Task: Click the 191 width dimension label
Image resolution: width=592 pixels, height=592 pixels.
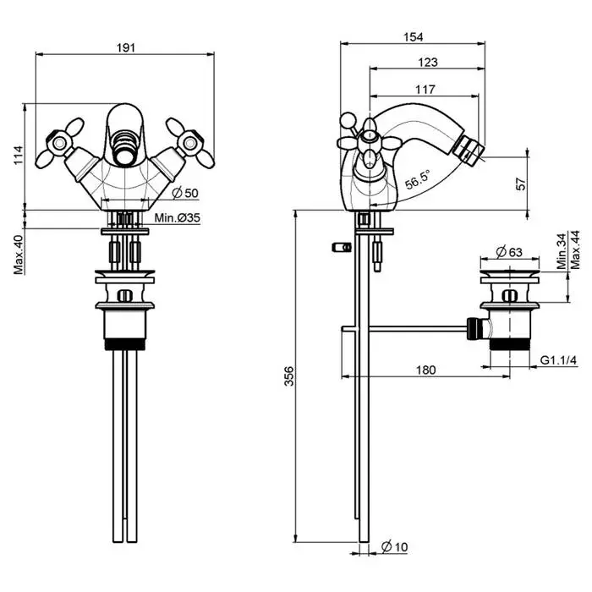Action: click(124, 48)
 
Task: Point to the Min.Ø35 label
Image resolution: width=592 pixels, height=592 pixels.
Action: click(177, 218)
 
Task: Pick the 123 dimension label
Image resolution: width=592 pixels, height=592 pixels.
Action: click(428, 62)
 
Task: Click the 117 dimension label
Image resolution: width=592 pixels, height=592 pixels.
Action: click(425, 89)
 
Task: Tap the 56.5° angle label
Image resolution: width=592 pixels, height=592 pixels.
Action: click(415, 180)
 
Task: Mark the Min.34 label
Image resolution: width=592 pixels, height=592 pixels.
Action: click(562, 251)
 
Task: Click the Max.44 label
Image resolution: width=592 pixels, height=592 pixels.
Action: click(576, 251)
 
